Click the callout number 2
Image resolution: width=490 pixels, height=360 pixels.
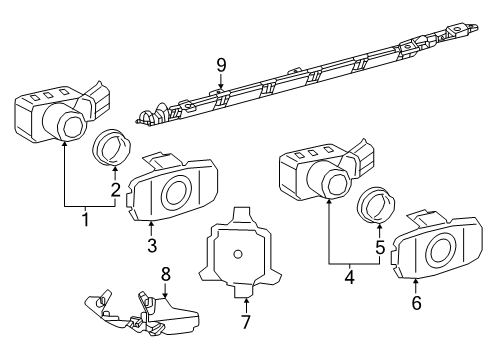[116, 190]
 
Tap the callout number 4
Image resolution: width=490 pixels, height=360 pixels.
[348, 276]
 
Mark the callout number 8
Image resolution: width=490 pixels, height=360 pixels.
[167, 273]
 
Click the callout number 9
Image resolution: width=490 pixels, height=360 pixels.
[221, 65]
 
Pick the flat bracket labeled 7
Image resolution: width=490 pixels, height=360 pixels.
[239, 254]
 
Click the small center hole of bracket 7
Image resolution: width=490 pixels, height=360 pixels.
[238, 253]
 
